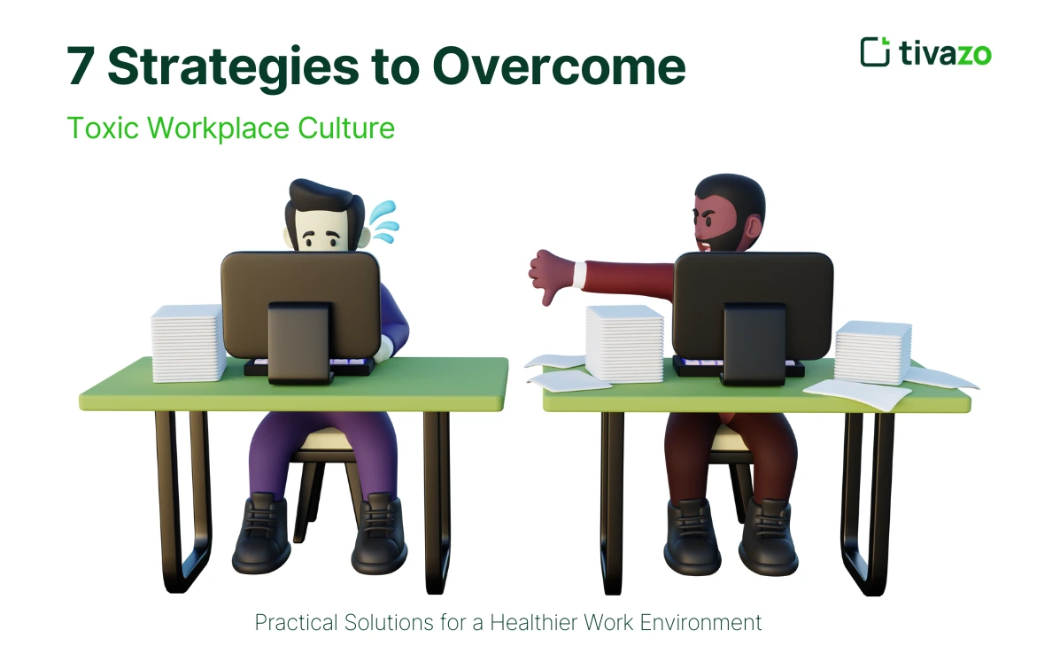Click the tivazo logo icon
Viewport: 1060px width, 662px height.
(x=874, y=51)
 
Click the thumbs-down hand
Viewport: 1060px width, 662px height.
(x=548, y=275)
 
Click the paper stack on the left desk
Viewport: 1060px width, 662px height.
(x=188, y=343)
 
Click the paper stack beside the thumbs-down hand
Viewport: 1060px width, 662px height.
(x=624, y=344)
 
